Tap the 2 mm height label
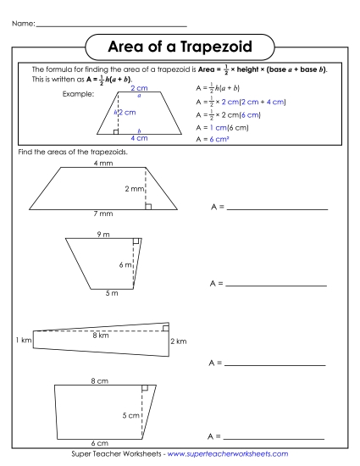[133, 189]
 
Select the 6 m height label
[125, 265]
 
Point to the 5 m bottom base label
[99, 293]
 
